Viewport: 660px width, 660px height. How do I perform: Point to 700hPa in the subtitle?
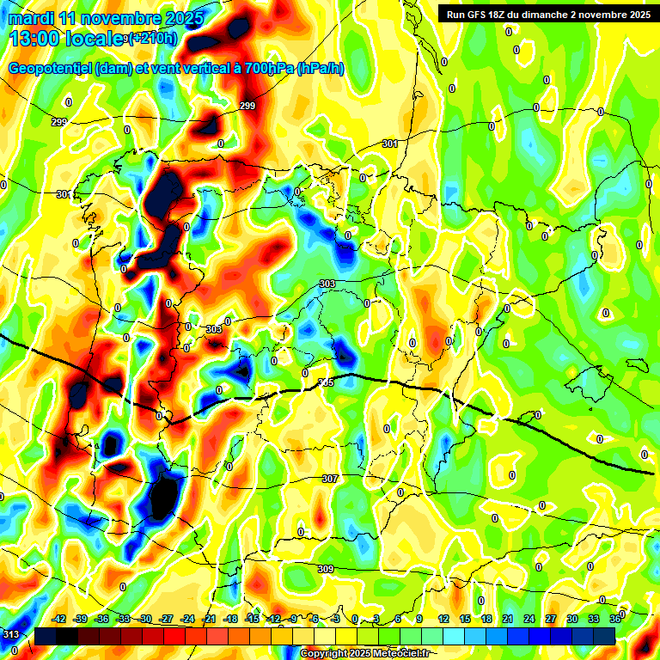click(267, 69)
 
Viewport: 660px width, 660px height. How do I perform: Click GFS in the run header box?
click(483, 15)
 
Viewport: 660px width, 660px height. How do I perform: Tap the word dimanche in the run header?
click(561, 15)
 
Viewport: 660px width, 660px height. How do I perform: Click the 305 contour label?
click(326, 382)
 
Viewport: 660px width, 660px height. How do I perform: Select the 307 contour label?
click(330, 478)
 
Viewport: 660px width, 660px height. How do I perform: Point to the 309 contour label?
click(326, 569)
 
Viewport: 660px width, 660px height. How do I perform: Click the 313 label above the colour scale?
click(11, 634)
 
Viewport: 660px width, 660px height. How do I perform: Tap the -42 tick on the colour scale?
click(59, 619)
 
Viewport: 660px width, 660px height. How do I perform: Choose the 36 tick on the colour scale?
click(615, 619)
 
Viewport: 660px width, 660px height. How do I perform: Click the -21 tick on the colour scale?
click(209, 619)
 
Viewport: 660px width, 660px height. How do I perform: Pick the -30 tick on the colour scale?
click(145, 619)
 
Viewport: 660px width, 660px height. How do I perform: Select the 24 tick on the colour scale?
click(529, 619)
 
